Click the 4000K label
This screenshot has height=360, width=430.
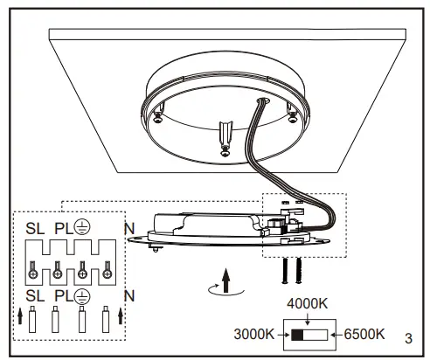coord(309,304)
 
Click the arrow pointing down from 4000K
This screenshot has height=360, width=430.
coord(309,318)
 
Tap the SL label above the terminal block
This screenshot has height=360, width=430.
coord(35,230)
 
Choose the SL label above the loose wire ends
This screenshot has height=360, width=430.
coord(35,295)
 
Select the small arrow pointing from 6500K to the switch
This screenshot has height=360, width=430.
coord(337,335)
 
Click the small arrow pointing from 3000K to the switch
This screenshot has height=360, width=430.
coord(282,335)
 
